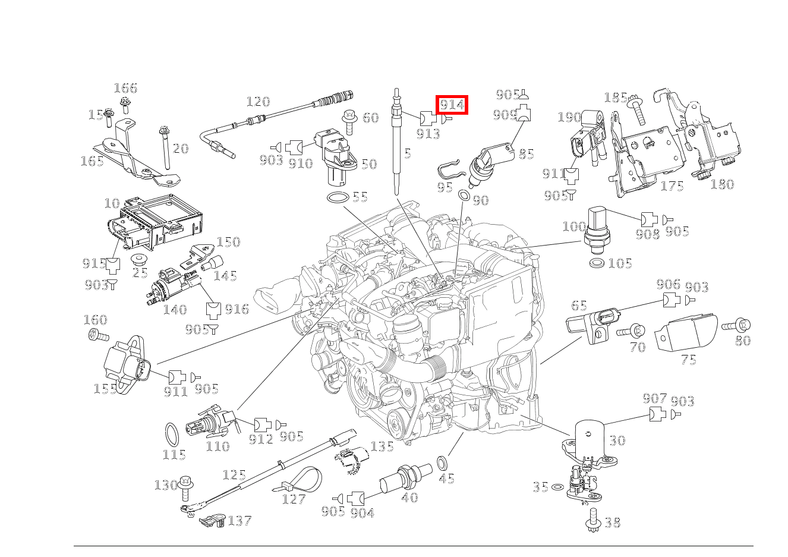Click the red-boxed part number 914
pos(452,105)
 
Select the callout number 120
pos(258,102)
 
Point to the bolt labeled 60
pos(349,118)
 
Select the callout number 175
pos(672,186)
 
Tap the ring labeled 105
pos(597,262)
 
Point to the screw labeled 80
pos(736,325)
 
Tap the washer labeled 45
pos(443,462)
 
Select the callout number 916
pos(237,309)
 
